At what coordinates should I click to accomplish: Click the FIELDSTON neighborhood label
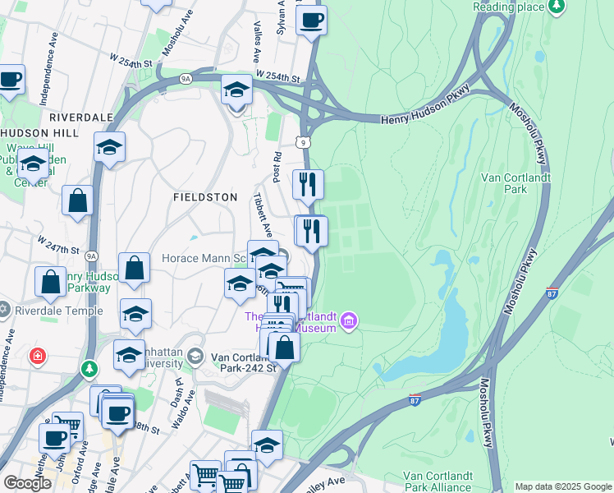(x=205, y=197)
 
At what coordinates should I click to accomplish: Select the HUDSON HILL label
(x=39, y=132)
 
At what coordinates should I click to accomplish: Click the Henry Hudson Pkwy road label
(x=425, y=119)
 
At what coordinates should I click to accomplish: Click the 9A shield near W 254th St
(x=186, y=79)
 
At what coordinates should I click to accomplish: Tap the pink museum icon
(x=349, y=319)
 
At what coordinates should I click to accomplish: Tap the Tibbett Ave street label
(x=260, y=214)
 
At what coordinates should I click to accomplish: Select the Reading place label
(x=509, y=7)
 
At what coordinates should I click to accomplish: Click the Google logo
(x=27, y=483)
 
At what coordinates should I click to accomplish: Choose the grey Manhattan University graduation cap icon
(x=195, y=356)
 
